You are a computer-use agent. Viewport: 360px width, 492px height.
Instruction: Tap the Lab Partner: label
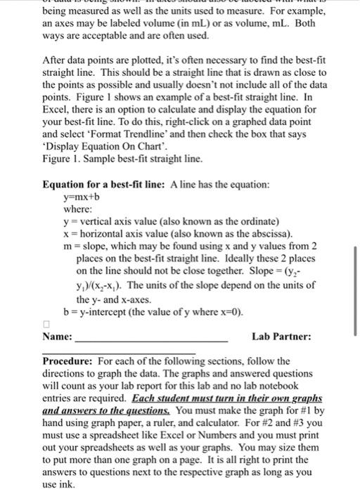pos(281,337)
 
